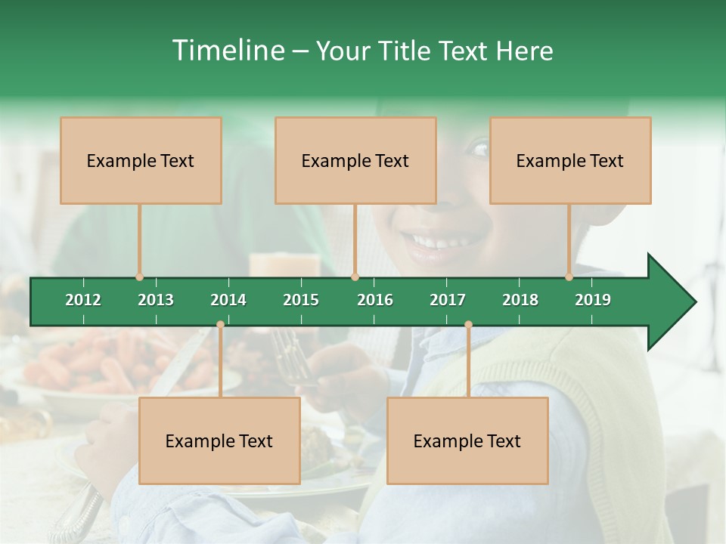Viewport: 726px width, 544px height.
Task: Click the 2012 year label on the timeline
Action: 83,300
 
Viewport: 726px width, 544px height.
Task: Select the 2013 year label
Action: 156,300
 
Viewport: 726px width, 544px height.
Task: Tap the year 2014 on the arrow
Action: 228,300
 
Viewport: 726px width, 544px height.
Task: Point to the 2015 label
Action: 301,300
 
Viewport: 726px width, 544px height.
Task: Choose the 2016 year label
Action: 375,300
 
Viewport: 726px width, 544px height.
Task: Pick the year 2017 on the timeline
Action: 448,300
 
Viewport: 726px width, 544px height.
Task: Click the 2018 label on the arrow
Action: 520,300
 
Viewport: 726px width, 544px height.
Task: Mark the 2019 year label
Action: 593,300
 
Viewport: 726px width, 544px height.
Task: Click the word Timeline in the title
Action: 229,51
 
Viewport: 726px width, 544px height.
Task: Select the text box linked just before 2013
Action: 141,160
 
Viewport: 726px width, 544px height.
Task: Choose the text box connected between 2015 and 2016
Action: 355,160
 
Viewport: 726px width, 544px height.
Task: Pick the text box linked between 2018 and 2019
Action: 570,160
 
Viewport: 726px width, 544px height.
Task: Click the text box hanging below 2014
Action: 219,440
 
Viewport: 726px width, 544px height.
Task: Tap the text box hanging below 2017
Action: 467,440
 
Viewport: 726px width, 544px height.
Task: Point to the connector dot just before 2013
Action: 139,277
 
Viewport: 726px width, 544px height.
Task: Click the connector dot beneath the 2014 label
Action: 220,325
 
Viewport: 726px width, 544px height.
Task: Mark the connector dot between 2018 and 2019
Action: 569,277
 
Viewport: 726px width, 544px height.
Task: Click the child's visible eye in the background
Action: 479,148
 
